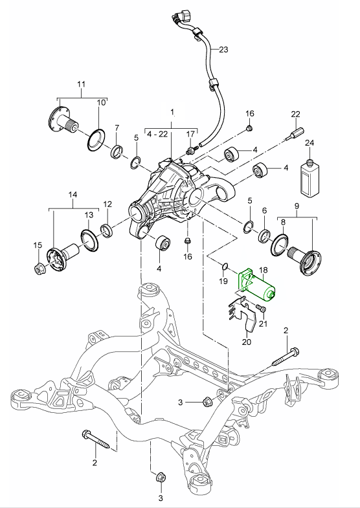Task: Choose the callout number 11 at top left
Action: pos(81,85)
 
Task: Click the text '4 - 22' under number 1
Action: pos(157,134)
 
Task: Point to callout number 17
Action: pos(190,134)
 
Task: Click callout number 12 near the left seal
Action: pos(107,204)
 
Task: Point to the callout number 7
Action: pos(117,127)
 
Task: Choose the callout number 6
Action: pos(264,211)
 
